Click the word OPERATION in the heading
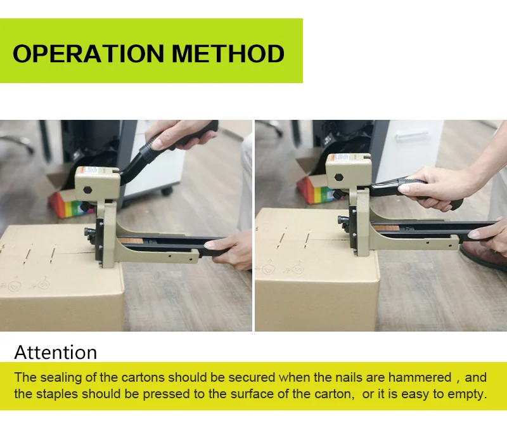[x=88, y=54]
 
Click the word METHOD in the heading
[x=228, y=54]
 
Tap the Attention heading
[x=56, y=352]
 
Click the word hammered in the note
[x=420, y=377]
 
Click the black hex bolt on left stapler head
[x=87, y=190]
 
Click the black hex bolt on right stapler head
[x=339, y=178]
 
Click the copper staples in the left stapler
[x=130, y=240]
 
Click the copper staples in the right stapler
[x=385, y=228]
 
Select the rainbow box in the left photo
[x=70, y=203]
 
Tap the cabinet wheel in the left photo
[x=167, y=191]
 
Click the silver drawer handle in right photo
[x=411, y=135]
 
